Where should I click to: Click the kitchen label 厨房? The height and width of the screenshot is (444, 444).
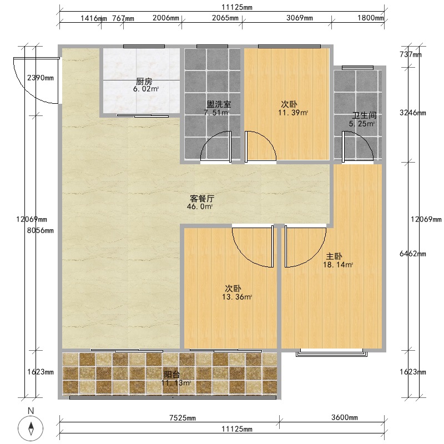tap(144, 82)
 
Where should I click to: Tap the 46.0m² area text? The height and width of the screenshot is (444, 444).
tap(200, 206)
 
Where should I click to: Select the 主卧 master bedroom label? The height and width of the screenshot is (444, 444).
tap(334, 256)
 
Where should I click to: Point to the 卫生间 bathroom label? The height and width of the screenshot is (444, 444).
tap(365, 115)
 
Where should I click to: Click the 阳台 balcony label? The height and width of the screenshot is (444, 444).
tap(172, 375)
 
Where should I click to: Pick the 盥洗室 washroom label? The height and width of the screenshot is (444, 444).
tap(219, 104)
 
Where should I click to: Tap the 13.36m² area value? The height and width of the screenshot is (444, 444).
tap(238, 297)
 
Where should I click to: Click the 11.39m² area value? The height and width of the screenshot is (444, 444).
tap(293, 113)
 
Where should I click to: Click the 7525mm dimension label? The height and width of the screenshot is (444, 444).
tap(183, 418)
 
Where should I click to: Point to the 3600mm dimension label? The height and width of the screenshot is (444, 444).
tap(345, 417)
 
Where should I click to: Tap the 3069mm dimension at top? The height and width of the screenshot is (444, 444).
tap(300, 18)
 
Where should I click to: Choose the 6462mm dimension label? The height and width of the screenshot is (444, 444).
tap(413, 254)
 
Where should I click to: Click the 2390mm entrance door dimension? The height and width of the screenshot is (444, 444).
tap(41, 78)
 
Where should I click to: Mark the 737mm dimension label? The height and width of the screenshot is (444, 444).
tap(411, 54)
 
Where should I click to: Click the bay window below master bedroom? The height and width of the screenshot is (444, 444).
tap(331, 353)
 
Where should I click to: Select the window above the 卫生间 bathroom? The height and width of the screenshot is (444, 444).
tap(357, 68)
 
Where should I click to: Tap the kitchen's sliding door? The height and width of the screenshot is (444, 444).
tap(143, 115)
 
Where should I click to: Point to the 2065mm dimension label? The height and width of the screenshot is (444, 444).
tap(225, 18)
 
